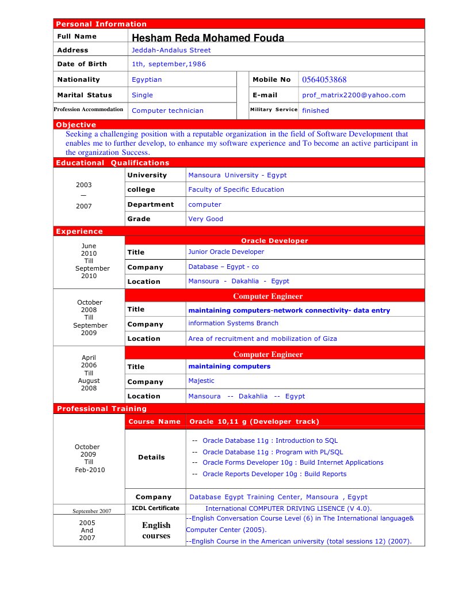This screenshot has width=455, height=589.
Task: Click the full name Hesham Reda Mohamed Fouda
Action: (208, 38)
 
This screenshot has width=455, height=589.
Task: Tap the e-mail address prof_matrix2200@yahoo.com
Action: (353, 95)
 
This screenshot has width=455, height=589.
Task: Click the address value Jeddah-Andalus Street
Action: (171, 50)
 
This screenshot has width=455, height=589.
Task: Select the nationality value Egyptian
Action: (147, 79)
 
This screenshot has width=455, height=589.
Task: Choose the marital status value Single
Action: (142, 95)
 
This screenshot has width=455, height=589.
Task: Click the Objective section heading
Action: (76, 124)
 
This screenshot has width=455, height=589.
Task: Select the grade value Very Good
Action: (205, 219)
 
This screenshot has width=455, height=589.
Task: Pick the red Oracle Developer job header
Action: (274, 241)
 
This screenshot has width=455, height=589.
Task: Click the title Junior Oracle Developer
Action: (226, 252)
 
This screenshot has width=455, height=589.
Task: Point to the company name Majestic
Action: (201, 381)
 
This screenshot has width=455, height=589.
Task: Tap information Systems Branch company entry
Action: (233, 323)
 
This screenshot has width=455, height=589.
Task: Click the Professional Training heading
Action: (101, 409)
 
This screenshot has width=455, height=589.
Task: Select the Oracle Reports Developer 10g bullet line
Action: (274, 474)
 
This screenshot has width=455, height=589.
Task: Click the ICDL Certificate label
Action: (155, 508)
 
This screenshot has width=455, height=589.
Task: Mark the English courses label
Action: (156, 530)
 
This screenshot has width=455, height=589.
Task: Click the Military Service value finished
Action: (315, 111)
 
